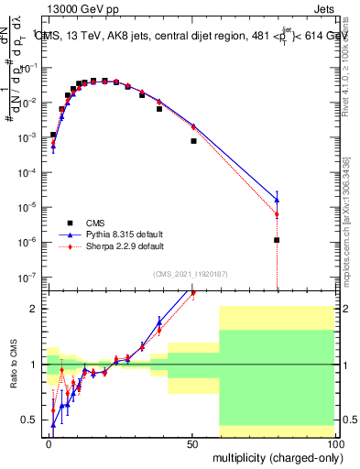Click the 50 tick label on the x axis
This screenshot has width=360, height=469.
click(192, 442)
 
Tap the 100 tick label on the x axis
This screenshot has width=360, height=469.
click(333, 442)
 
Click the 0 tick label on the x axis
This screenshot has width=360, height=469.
click(49, 442)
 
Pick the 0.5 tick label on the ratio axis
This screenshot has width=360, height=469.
click(29, 420)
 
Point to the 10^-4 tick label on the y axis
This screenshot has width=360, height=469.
click(28, 171)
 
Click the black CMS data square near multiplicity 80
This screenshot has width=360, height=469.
click(277, 240)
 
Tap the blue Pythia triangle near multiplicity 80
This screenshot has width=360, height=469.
click(277, 199)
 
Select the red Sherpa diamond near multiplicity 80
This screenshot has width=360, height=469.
click(277, 215)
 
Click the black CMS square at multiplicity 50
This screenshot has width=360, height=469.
click(193, 141)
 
